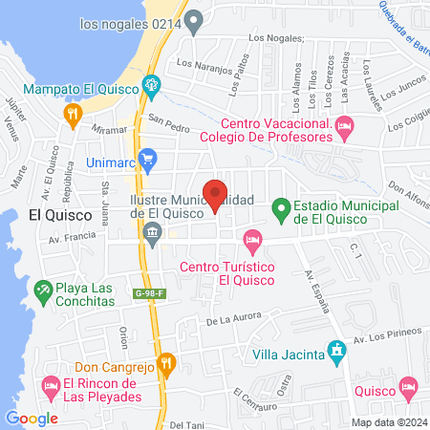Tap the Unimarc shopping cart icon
click(x=147, y=159)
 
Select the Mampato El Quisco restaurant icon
click(x=72, y=115)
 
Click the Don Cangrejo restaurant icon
click(x=166, y=362)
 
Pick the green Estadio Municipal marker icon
click(x=281, y=206)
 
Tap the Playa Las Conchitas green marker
click(x=43, y=288)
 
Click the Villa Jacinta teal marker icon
click(x=335, y=351)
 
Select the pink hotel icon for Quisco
click(x=410, y=387)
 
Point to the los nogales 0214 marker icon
click(x=195, y=20)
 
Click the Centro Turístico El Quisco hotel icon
click(x=252, y=237)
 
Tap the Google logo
click(x=32, y=418)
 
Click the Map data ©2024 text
click(x=388, y=422)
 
